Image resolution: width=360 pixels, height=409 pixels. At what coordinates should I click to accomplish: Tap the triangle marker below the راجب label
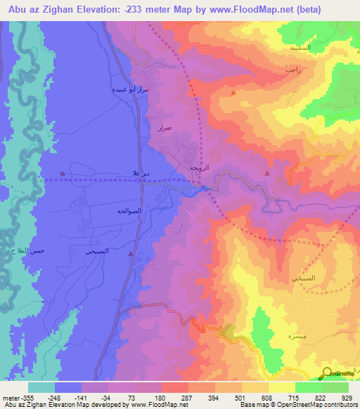coord(233,92)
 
